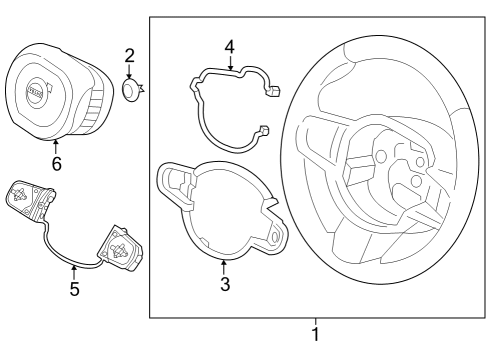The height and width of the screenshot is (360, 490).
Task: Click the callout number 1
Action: tap(315, 334)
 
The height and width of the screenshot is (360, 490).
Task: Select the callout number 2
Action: tap(130, 56)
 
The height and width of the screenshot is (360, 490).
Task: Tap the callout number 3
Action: tap(225, 284)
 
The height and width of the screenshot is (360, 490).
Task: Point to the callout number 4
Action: tap(230, 47)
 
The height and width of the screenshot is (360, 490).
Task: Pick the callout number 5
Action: tap(74, 289)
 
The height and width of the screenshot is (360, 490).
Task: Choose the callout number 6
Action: tap(57, 164)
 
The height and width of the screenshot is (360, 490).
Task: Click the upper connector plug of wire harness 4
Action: tap(273, 90)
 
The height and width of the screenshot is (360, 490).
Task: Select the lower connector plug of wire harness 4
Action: tap(264, 130)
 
